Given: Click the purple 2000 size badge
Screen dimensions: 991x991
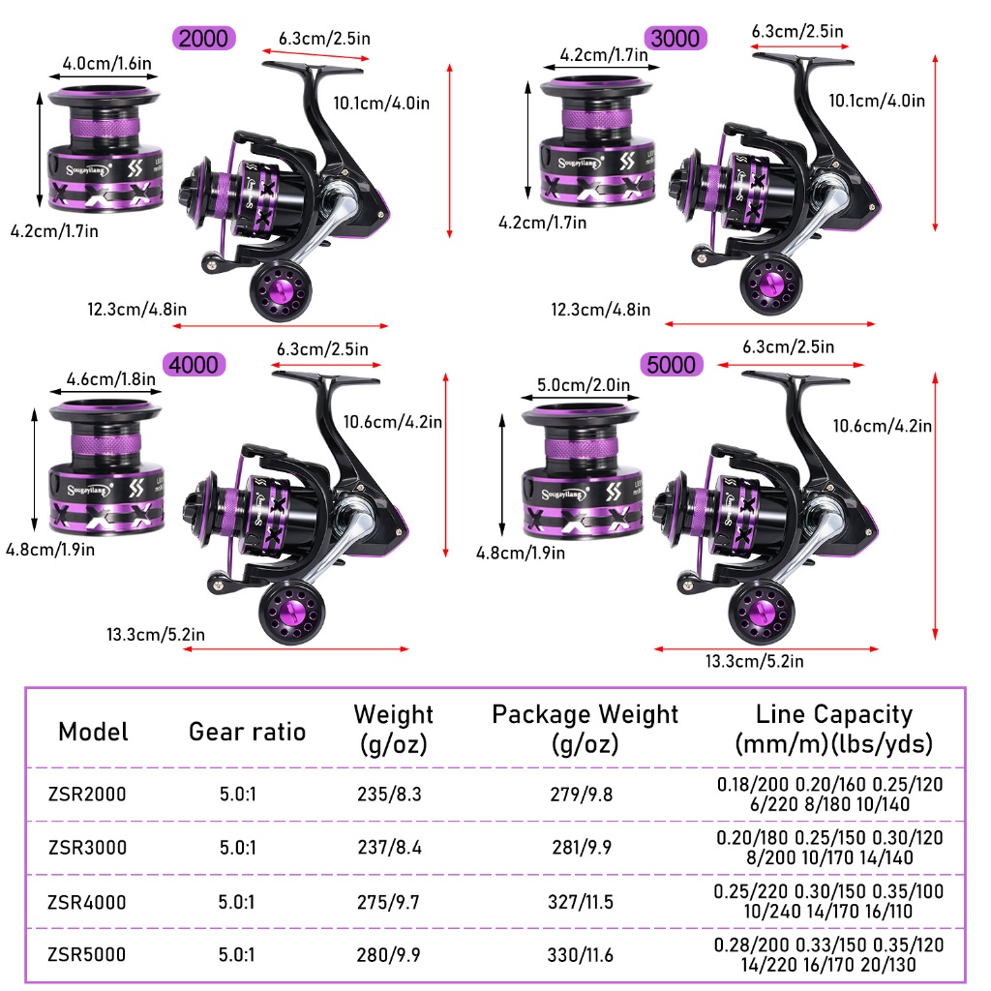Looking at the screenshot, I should pos(204,39).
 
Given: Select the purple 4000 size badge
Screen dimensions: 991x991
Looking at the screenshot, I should pos(195,365).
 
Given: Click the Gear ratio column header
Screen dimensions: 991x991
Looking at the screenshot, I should pos(247,732).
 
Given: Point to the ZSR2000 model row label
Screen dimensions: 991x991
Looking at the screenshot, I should pos(87,795).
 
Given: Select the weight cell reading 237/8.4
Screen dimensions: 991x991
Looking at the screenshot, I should pos(390,848).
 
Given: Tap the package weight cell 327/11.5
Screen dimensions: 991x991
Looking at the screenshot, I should pos(585,902).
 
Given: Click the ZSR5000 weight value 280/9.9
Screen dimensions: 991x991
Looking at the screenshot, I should pos(390,955).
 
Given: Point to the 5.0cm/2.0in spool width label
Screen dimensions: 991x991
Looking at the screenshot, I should pos(575,386).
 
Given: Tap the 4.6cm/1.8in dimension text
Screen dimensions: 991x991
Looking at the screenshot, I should pos(109,380).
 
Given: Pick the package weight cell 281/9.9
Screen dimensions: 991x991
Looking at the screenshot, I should pos(585,848).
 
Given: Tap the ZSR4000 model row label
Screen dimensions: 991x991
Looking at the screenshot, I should pos(87,902).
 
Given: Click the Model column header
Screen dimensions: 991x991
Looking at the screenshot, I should pos(93,732).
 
